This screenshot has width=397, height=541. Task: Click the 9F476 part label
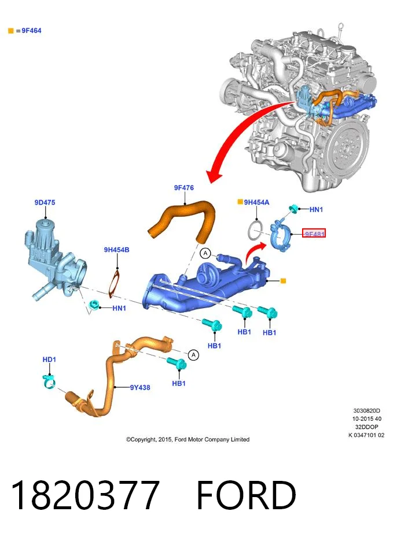pos(184,188)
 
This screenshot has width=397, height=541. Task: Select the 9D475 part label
pos(45,202)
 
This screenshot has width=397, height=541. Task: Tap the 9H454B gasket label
pos(116,250)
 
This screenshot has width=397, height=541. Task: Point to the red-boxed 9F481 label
pos(314,234)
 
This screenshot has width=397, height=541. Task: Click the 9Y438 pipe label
pos(140,387)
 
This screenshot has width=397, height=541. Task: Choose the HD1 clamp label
pos(49,360)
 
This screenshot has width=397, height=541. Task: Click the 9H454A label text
pos(256,202)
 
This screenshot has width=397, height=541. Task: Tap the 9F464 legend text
pos(31,31)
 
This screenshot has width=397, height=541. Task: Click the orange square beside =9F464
pos(11,31)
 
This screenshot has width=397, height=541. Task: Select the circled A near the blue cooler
pos(205,253)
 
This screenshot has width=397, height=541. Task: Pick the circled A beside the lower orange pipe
pos(193,355)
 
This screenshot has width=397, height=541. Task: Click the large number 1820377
pos(85,495)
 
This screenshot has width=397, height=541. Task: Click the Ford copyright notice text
pos(188,439)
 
